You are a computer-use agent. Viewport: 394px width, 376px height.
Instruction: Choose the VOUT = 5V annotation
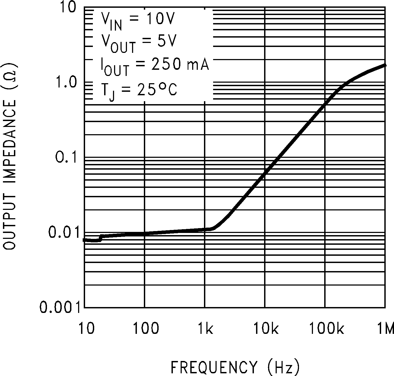138,43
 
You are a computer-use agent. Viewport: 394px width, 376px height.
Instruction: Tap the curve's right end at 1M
385,65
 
